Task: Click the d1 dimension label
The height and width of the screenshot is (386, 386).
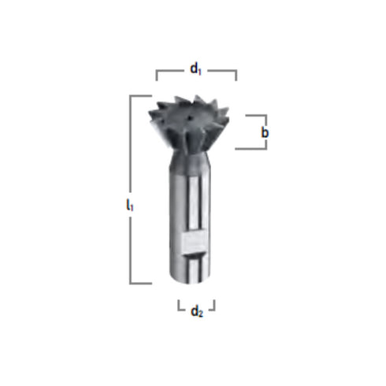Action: point(196,69)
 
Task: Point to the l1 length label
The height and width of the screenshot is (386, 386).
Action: point(130,206)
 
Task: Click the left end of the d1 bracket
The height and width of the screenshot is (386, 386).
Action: point(157,76)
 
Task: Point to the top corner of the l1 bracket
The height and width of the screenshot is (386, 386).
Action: point(131,96)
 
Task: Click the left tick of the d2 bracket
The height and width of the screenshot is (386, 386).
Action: point(178,303)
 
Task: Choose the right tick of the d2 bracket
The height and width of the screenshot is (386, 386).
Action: point(214,303)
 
